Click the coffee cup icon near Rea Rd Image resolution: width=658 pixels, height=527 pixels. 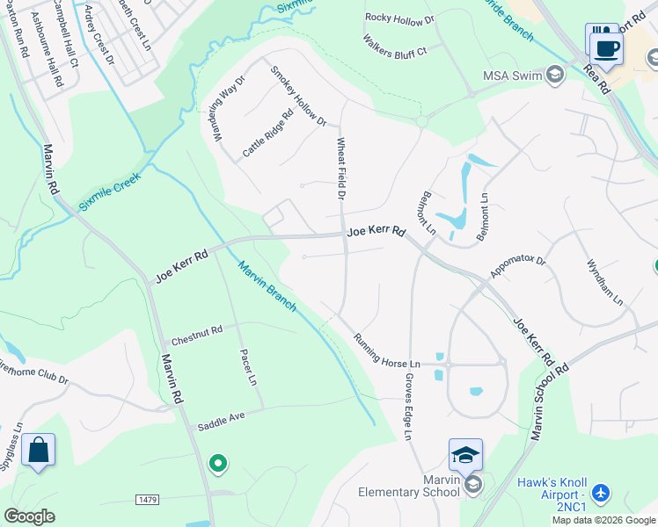click(604, 47)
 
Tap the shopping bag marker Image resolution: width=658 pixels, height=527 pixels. click(39, 451)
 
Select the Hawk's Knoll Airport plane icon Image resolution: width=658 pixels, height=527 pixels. click(602, 494)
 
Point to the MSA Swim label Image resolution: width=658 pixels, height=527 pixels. click(512, 76)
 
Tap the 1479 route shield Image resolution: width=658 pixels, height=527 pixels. click(148, 500)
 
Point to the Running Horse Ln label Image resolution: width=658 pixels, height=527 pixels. click(387, 350)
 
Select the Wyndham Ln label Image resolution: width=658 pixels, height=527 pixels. click(605, 282)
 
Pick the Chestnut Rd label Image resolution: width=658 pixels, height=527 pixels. click(197, 336)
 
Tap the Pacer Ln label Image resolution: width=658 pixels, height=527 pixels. click(248, 368)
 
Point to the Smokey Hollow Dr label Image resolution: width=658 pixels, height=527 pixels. click(299, 97)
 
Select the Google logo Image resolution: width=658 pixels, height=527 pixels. click(29, 516)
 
